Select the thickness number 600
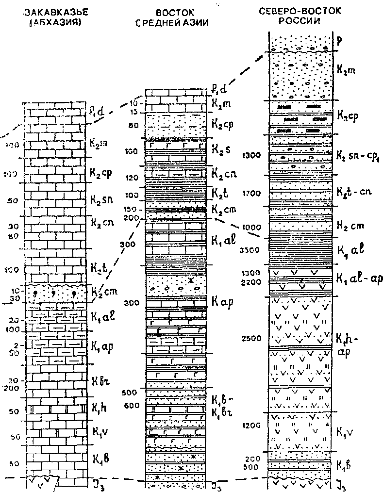(x=131, y=406)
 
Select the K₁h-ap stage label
(x=347, y=344)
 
